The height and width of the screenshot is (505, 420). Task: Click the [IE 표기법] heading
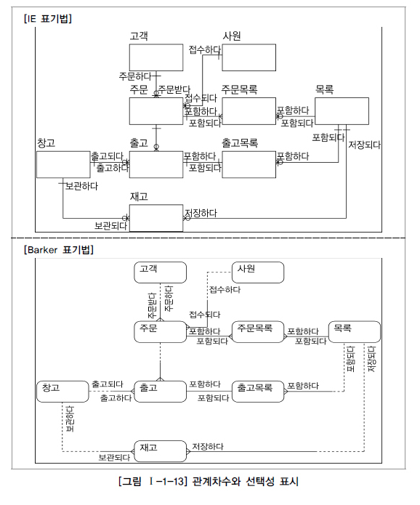point(48,19)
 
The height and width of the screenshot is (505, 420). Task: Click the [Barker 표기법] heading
point(59,250)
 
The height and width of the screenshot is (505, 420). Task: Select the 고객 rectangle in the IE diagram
point(156,57)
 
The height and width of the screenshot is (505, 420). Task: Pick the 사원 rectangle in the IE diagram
point(249,57)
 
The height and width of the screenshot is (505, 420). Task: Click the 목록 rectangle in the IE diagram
point(342,111)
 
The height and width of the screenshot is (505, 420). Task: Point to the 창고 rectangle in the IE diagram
point(63,164)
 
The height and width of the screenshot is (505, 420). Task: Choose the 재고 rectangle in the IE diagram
point(156,218)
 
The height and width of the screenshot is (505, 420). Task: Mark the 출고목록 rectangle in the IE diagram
point(249,164)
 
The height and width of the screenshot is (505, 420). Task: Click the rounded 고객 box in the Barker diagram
point(160,272)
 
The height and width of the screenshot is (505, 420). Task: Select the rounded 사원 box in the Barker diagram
point(258,272)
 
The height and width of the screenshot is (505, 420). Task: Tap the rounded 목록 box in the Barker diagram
point(355,332)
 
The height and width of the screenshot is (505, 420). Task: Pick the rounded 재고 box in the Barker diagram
point(160,451)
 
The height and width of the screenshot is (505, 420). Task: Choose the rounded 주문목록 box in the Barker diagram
point(258,332)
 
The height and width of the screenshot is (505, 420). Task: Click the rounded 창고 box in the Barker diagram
point(62,392)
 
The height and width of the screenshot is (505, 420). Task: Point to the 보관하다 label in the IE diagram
point(81,186)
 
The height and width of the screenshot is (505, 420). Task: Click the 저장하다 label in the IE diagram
point(201,213)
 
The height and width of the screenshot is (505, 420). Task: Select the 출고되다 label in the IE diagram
point(108,156)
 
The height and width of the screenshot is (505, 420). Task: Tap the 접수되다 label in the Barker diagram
point(205,315)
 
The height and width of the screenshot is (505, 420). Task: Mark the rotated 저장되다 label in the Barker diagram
point(372,359)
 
